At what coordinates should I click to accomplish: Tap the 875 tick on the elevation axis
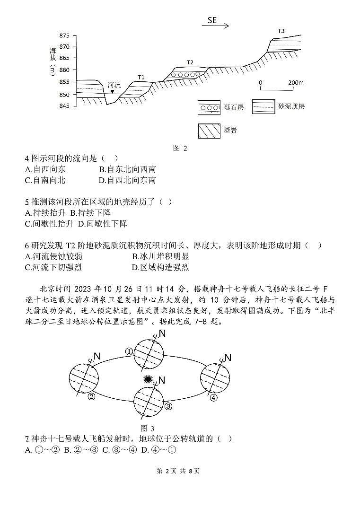pos(65,36)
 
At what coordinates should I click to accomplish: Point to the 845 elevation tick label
pos(65,106)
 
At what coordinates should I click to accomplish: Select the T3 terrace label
pos(281,31)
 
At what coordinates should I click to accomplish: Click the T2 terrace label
pos(190,62)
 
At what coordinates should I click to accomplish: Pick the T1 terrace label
pos(141,77)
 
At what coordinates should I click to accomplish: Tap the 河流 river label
pos(114,85)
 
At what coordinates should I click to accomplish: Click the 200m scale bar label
pos(296,82)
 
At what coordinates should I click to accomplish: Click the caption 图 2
pos(180,148)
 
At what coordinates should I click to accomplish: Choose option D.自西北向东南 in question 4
pos(127,180)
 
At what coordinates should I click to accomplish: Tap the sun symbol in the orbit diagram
pos(149,380)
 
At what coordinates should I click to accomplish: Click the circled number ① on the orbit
pos(129,351)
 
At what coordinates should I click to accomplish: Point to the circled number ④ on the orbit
pos(213,398)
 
